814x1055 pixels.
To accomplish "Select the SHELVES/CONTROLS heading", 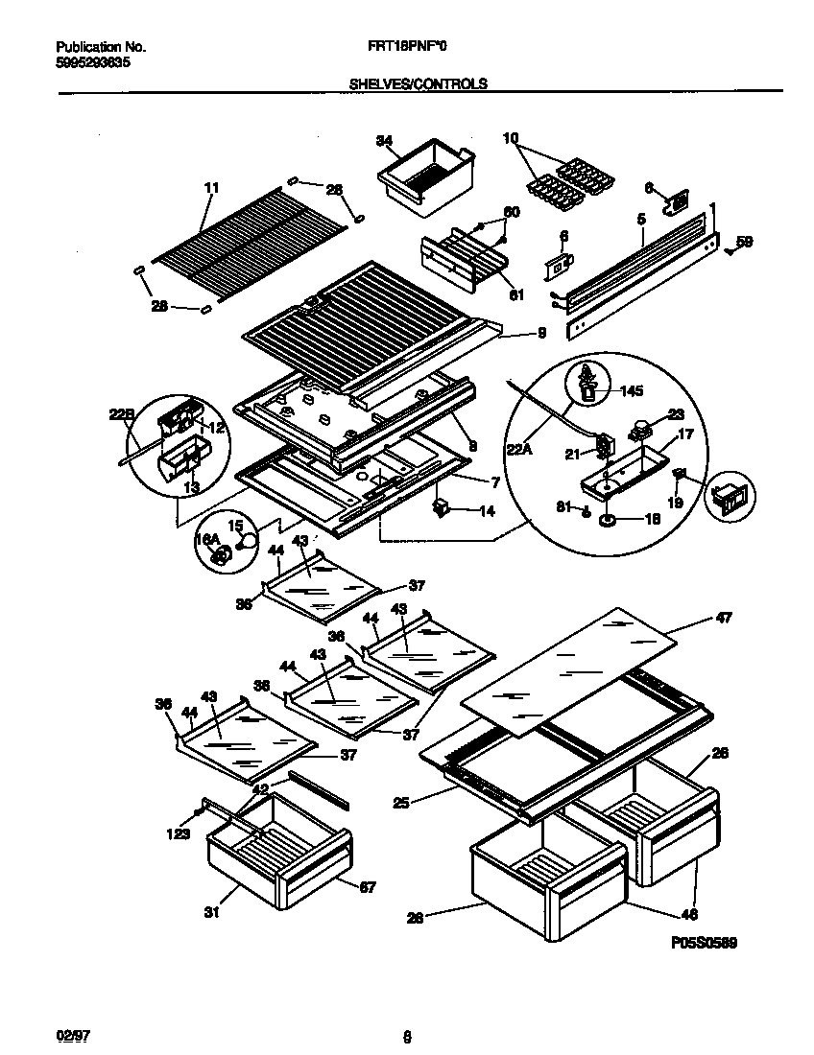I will tap(418, 84).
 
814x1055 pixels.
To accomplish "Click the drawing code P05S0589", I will tap(704, 944).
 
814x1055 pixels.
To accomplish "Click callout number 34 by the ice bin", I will tap(384, 142).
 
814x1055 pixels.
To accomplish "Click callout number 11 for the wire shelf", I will tap(212, 188).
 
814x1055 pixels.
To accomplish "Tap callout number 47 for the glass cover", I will tap(723, 618).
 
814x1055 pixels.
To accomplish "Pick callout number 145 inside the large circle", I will tap(630, 391).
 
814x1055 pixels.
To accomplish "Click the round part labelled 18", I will tap(606, 521).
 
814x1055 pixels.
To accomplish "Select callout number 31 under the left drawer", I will tap(214, 913).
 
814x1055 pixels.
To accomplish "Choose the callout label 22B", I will tap(120, 414).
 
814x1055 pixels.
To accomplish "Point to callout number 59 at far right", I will tap(745, 242).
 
